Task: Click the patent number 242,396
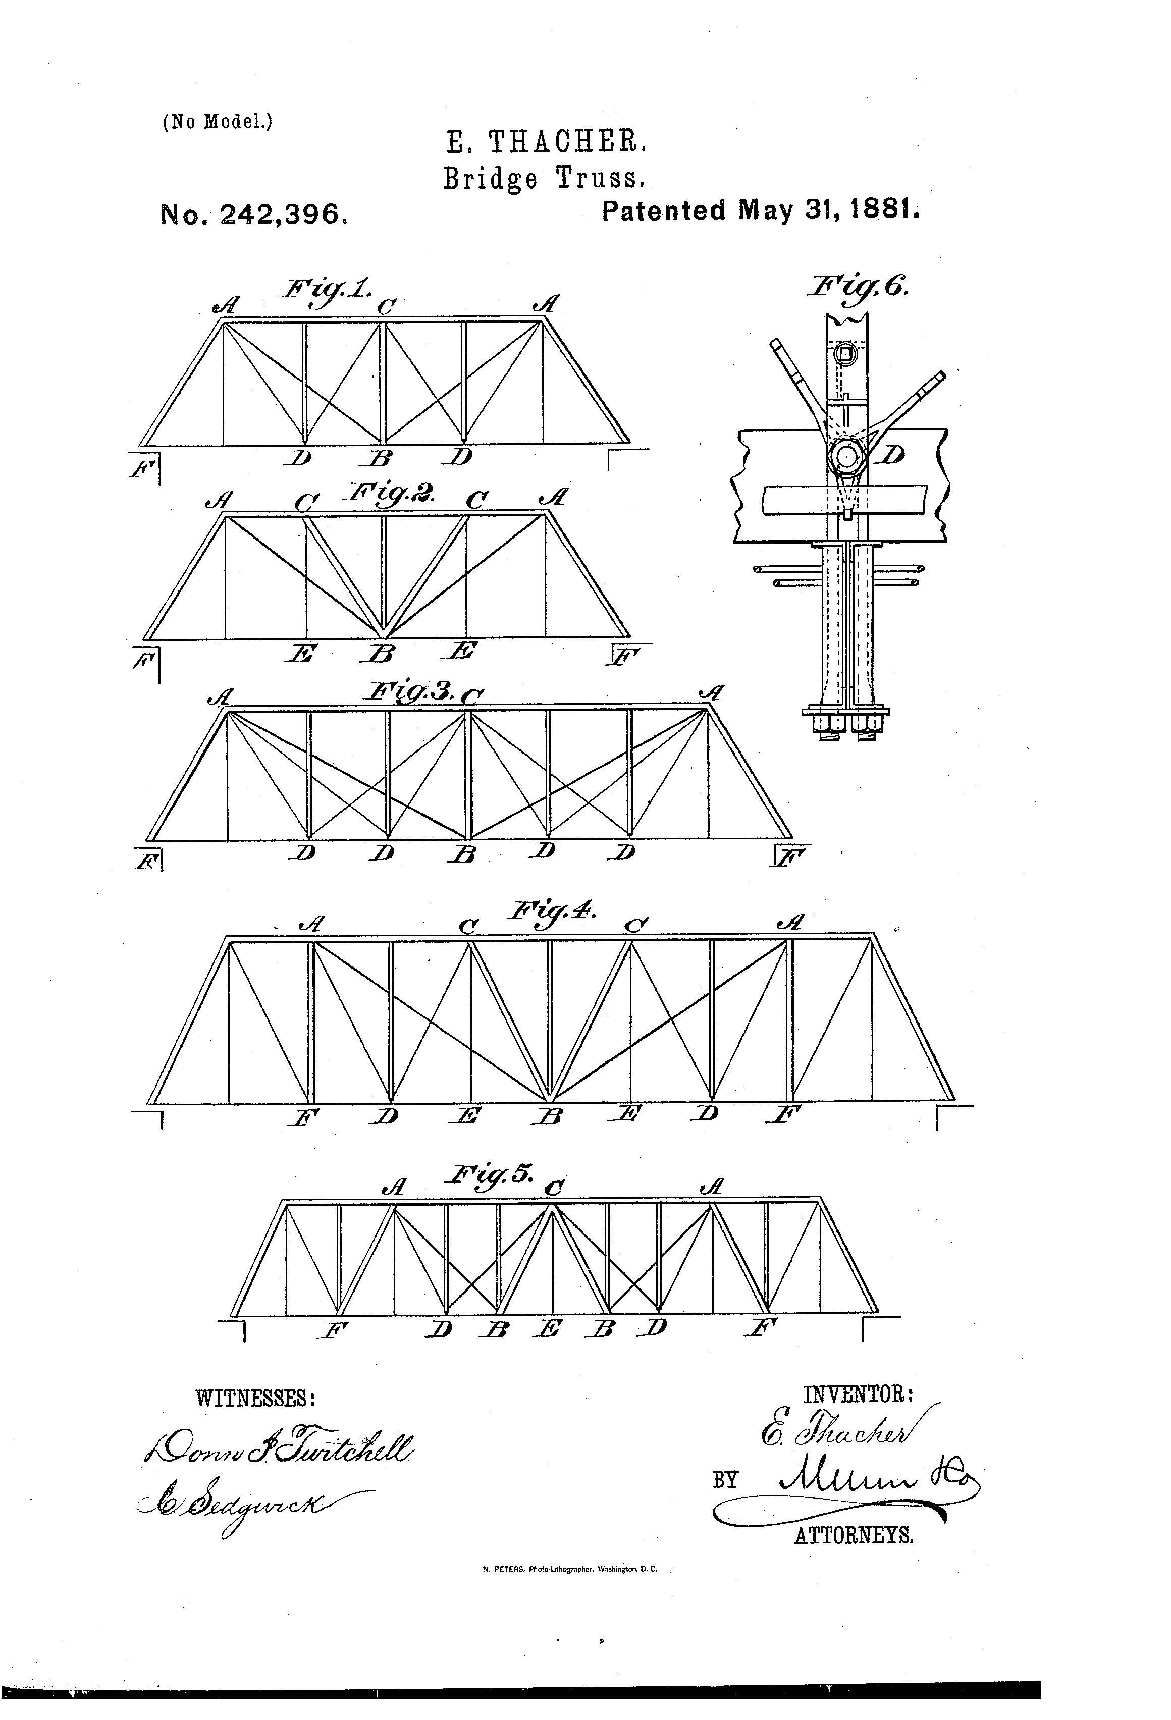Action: (x=284, y=214)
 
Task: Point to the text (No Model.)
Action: (x=218, y=121)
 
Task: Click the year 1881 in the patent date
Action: (x=884, y=211)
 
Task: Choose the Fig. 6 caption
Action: (x=859, y=287)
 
